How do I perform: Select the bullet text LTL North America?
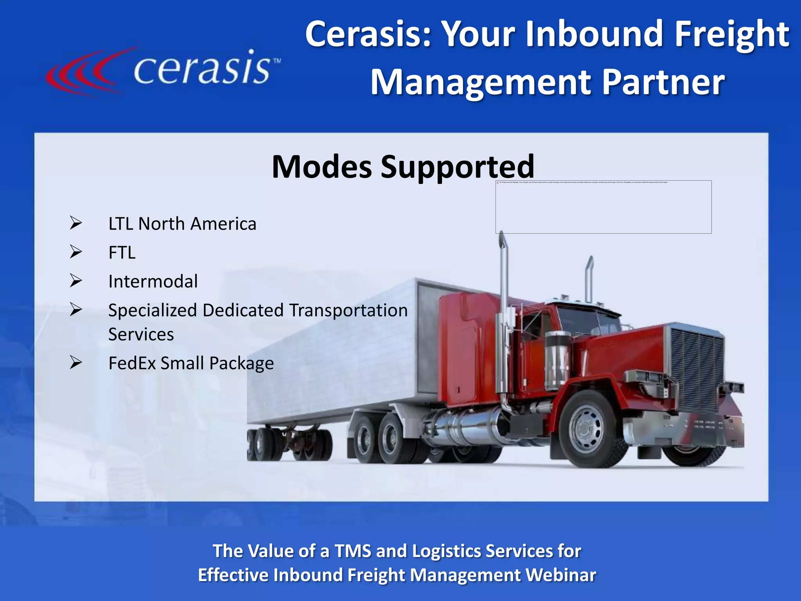coord(182,224)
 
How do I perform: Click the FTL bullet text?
coord(122,253)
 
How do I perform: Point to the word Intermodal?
coord(153,281)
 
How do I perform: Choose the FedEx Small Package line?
coord(191,363)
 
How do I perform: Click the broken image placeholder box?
coord(603,207)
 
